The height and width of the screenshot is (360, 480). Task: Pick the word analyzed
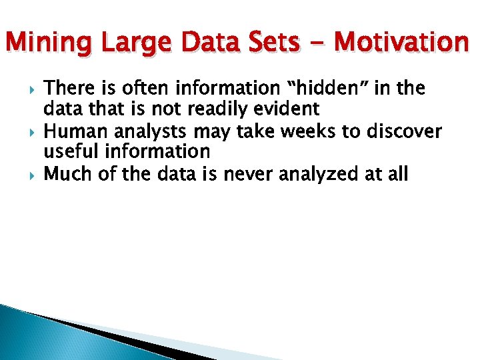click(323, 175)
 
